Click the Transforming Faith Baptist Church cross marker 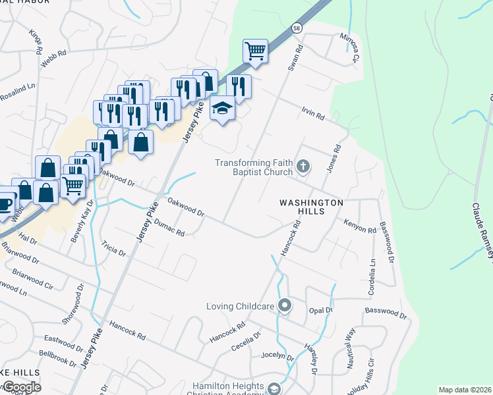pos(303,166)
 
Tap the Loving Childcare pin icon pos(285,305)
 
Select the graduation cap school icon pos(222,109)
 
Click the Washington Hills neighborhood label pos(311,203)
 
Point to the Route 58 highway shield pos(298,28)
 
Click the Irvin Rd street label pos(314,114)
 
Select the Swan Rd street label pos(294,58)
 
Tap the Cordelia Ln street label pos(372,270)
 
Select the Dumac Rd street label pos(169,228)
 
